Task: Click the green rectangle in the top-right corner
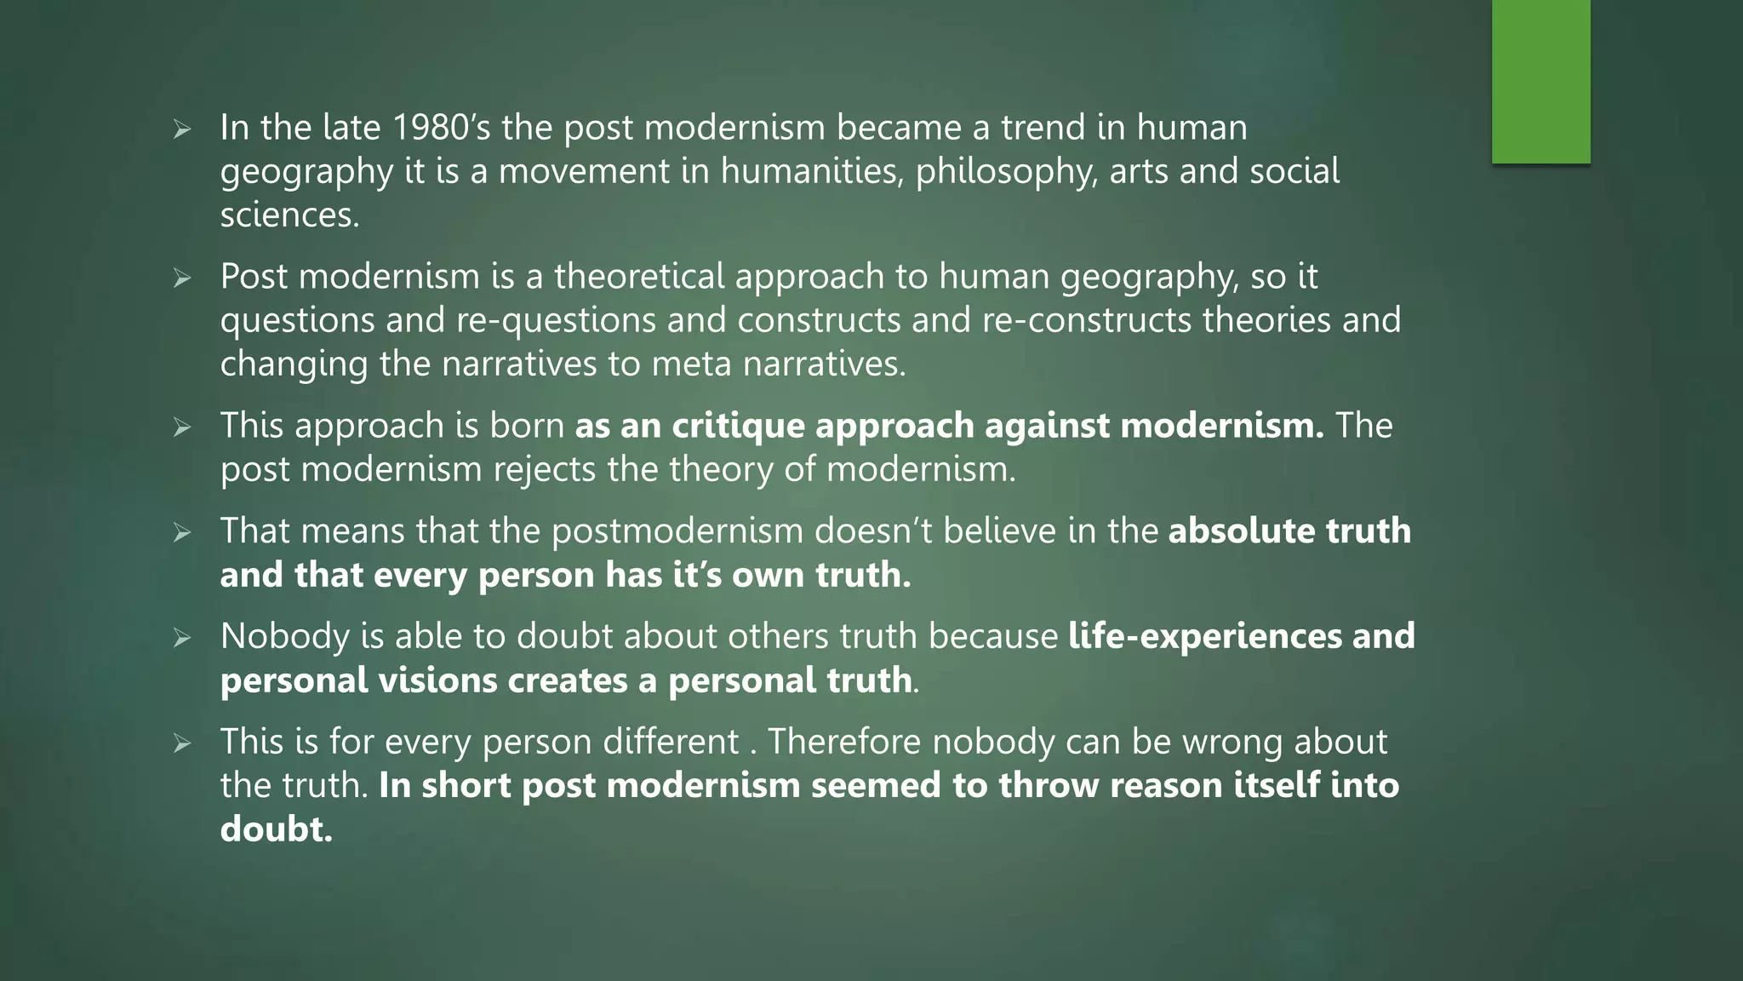pyautogui.click(x=1540, y=81)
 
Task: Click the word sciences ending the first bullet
pyautogui.click(x=289, y=215)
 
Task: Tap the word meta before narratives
pyautogui.click(x=691, y=364)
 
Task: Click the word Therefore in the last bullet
pyautogui.click(x=845, y=742)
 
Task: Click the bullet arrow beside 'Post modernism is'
pyautogui.click(x=181, y=278)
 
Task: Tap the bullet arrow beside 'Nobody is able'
pyautogui.click(x=181, y=638)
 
